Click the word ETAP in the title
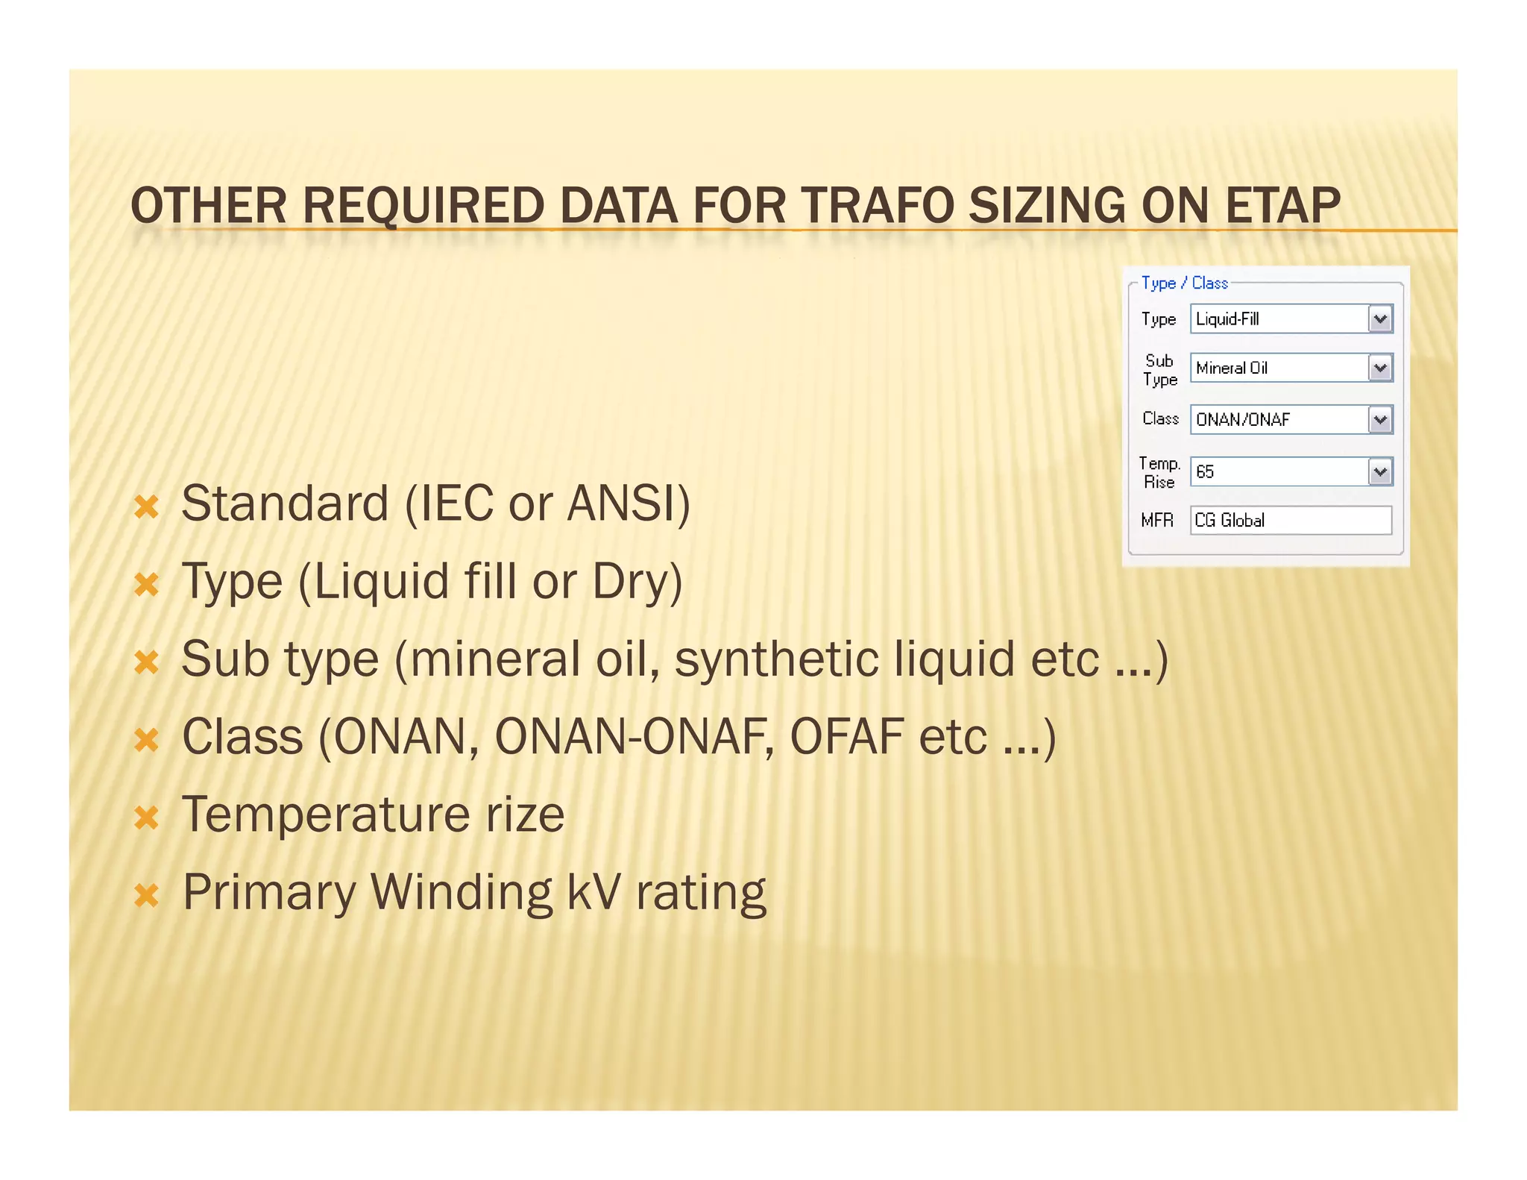(1282, 206)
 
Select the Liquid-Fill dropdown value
(1279, 319)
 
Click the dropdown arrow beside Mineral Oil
(1380, 368)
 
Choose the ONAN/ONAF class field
(1279, 419)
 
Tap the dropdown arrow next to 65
(1380, 471)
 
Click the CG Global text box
(1290, 520)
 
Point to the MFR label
(1156, 520)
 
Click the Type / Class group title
(1184, 283)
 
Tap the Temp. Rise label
(1159, 472)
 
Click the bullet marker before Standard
(147, 507)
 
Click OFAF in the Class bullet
(847, 737)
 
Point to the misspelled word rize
(525, 815)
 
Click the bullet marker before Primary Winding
(147, 895)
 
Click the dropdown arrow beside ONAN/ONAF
(1380, 419)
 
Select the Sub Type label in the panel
(1159, 370)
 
